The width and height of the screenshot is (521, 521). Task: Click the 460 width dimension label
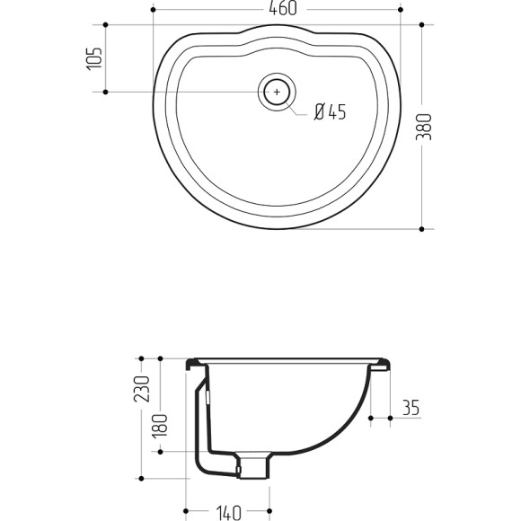pyautogui.click(x=283, y=9)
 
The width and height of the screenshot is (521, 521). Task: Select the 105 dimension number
pyautogui.click(x=94, y=58)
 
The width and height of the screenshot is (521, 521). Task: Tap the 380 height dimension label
pyautogui.click(x=424, y=127)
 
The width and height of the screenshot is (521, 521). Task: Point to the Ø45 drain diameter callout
pyautogui.click(x=331, y=111)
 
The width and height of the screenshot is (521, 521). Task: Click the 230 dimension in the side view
pyautogui.click(x=142, y=389)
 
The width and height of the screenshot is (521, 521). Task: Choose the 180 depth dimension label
pyautogui.click(x=160, y=426)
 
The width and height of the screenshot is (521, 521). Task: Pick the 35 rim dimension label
pyautogui.click(x=411, y=407)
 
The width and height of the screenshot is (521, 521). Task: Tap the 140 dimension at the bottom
pyautogui.click(x=228, y=513)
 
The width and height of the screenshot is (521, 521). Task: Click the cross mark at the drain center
pyautogui.click(x=277, y=92)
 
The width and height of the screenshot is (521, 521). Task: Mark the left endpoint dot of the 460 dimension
pyautogui.click(x=154, y=10)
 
